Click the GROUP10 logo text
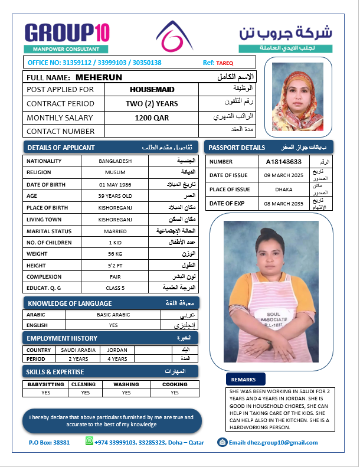[x=67, y=32]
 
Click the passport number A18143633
[x=283, y=161]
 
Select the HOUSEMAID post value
[x=152, y=89]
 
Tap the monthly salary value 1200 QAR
[x=152, y=117]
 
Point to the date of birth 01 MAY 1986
[x=115, y=184]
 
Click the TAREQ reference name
[x=225, y=63]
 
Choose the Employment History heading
[x=61, y=338]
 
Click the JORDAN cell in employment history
[x=117, y=350]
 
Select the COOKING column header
[x=175, y=384]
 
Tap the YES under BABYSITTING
[x=45, y=393]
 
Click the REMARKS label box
[x=243, y=379]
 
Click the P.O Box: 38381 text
[x=49, y=442]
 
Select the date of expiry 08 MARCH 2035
[x=283, y=203]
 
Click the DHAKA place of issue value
[x=283, y=190]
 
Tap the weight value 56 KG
[x=115, y=254]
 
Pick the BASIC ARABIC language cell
[x=112, y=315]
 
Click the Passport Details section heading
[x=237, y=147]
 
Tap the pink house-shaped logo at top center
[x=174, y=37]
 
